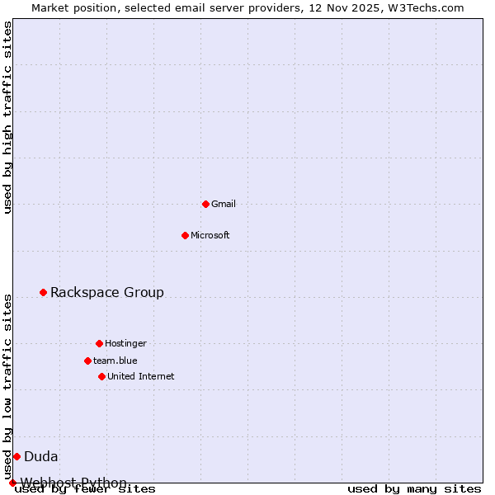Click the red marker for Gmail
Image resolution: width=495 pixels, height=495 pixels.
tap(205, 204)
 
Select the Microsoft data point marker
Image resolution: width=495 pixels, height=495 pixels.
tap(185, 235)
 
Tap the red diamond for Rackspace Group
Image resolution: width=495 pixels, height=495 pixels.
tap(43, 292)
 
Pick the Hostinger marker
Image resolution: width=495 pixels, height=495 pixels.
tap(99, 343)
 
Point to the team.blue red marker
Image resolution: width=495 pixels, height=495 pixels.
tap(87, 361)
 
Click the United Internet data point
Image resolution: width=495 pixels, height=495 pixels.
tap(101, 376)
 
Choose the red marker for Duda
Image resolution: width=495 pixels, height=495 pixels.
tap(16, 456)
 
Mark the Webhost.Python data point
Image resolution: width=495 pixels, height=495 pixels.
tap(12, 483)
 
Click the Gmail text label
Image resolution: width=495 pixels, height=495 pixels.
tap(224, 204)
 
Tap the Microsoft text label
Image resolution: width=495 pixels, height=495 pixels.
tap(210, 235)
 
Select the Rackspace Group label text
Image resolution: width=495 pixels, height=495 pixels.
tap(107, 292)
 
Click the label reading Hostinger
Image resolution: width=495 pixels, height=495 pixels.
tap(125, 343)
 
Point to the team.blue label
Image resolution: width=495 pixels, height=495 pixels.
tap(115, 361)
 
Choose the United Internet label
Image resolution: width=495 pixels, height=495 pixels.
tap(141, 376)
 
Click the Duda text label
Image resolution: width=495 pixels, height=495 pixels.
tap(41, 456)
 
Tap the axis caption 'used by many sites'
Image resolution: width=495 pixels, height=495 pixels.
tap(414, 489)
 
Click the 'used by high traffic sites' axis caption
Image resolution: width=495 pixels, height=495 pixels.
tap(8, 117)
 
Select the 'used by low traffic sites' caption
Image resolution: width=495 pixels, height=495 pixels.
tap(8, 386)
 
